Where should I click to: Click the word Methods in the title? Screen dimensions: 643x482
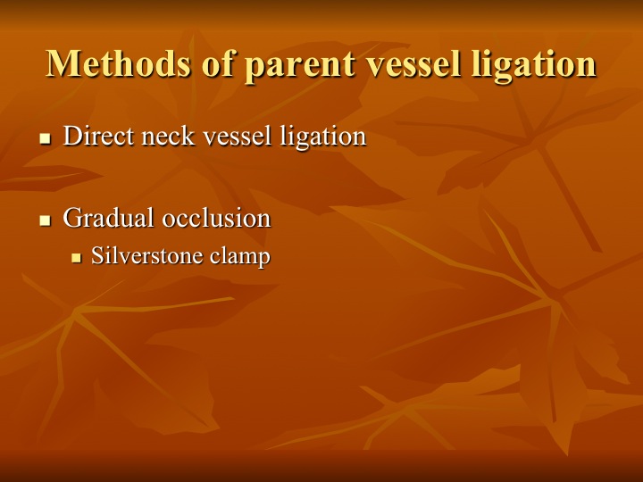click(x=119, y=63)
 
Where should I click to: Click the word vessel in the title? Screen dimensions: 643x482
click(x=413, y=63)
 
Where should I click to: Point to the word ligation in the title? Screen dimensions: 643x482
click(x=533, y=65)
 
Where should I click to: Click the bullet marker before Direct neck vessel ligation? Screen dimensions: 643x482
click(x=46, y=138)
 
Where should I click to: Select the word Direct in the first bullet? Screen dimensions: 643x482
click(x=98, y=136)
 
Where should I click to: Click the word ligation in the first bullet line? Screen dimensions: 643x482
click(x=323, y=137)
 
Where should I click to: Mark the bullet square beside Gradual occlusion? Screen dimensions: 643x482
click(x=46, y=220)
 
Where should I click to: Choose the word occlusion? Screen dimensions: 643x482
click(x=216, y=217)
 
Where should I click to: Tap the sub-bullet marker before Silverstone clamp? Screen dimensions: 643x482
click(x=76, y=258)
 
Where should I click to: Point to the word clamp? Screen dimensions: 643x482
click(x=240, y=257)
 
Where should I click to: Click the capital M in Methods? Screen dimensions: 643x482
click(x=61, y=63)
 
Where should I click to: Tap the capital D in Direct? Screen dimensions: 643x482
click(x=71, y=136)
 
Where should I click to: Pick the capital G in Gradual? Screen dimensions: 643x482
click(x=71, y=218)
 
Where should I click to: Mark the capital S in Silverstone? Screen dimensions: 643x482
click(x=96, y=256)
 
